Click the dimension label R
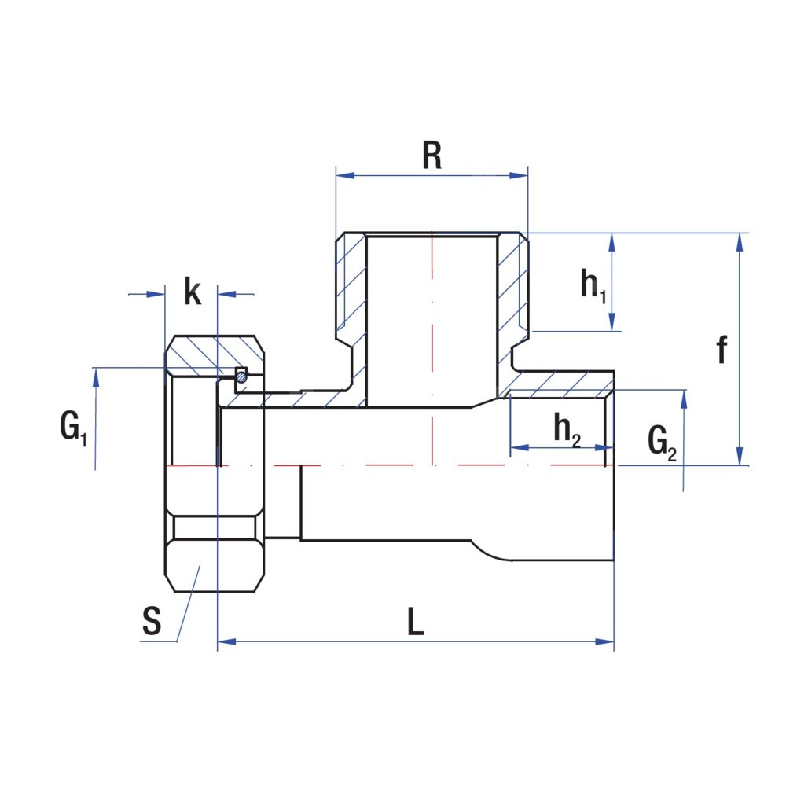[432, 156]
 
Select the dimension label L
[416, 623]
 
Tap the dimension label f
[722, 351]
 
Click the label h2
[567, 430]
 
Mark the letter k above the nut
[192, 291]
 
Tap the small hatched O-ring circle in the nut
[242, 376]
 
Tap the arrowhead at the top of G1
[96, 378]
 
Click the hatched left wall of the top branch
[351, 283]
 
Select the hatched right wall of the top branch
[513, 283]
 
